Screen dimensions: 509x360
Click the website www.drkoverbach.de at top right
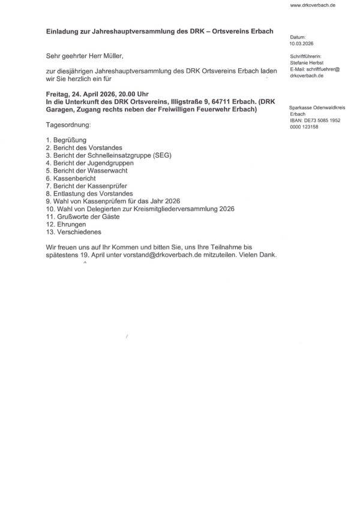click(312, 5)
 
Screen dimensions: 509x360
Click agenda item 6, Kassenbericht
click(71, 178)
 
